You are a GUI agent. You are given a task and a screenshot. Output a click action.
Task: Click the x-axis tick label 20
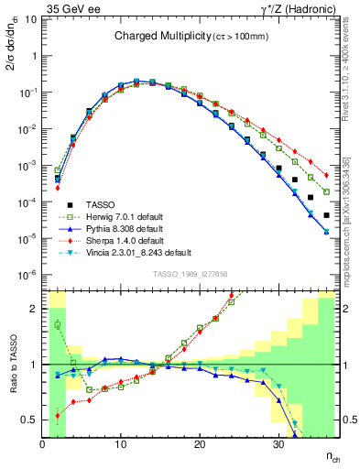pyautogui.click(x=201, y=444)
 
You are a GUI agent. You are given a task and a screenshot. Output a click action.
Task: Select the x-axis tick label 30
pyautogui.click(x=279, y=444)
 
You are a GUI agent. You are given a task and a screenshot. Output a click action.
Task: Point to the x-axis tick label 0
pyautogui.click(x=43, y=444)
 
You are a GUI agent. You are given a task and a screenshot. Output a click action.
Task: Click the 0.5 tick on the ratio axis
pyautogui.click(x=32, y=420)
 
